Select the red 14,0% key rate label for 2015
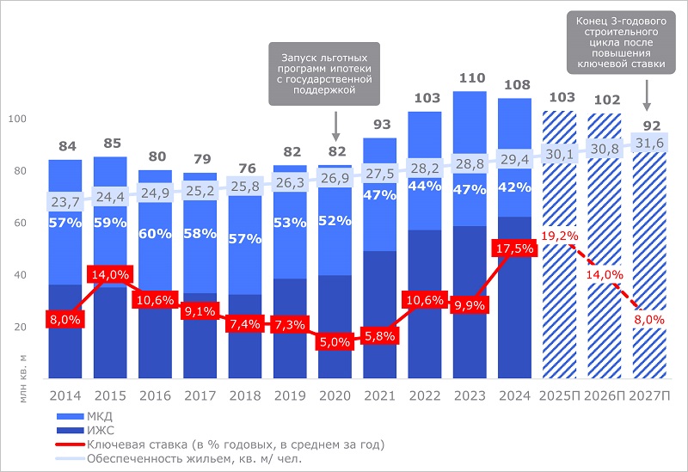[110, 275]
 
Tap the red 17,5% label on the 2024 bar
[514, 248]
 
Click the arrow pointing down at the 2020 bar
[335, 129]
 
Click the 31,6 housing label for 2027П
[651, 143]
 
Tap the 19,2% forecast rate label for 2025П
[559, 235]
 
